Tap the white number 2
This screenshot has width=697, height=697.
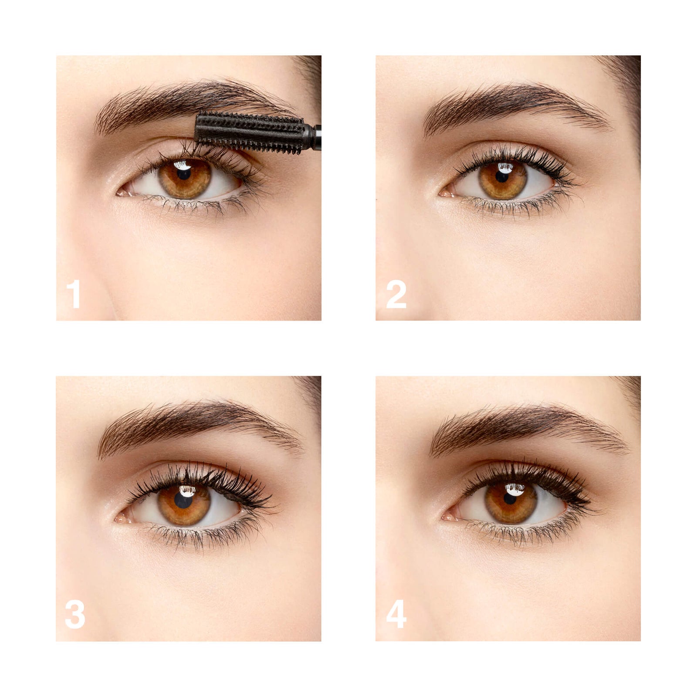396,294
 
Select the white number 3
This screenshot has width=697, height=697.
75,614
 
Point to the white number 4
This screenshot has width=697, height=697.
396,614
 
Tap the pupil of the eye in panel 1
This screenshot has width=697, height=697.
184,174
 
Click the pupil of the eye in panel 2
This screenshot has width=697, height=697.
502,176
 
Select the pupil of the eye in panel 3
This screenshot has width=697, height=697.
183,501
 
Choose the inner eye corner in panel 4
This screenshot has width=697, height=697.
448,517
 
